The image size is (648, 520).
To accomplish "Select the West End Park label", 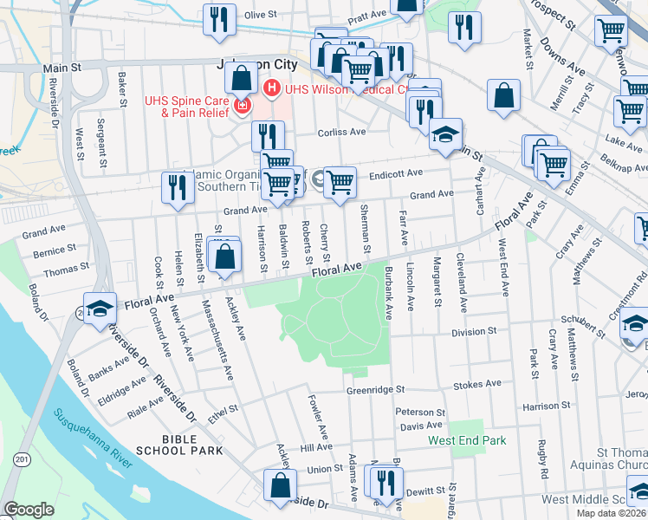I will pos(467,441).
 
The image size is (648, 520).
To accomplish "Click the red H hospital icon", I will pos(271,88).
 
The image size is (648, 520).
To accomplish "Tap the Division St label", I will pos(474,331).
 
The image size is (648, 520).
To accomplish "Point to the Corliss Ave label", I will pos(342,133).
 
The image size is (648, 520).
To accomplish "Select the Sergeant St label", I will pos(102,143).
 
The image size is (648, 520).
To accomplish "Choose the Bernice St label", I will pos(55,251).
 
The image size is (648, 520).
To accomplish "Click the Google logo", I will pos(29,510).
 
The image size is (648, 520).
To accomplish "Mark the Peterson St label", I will pos(419,413).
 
